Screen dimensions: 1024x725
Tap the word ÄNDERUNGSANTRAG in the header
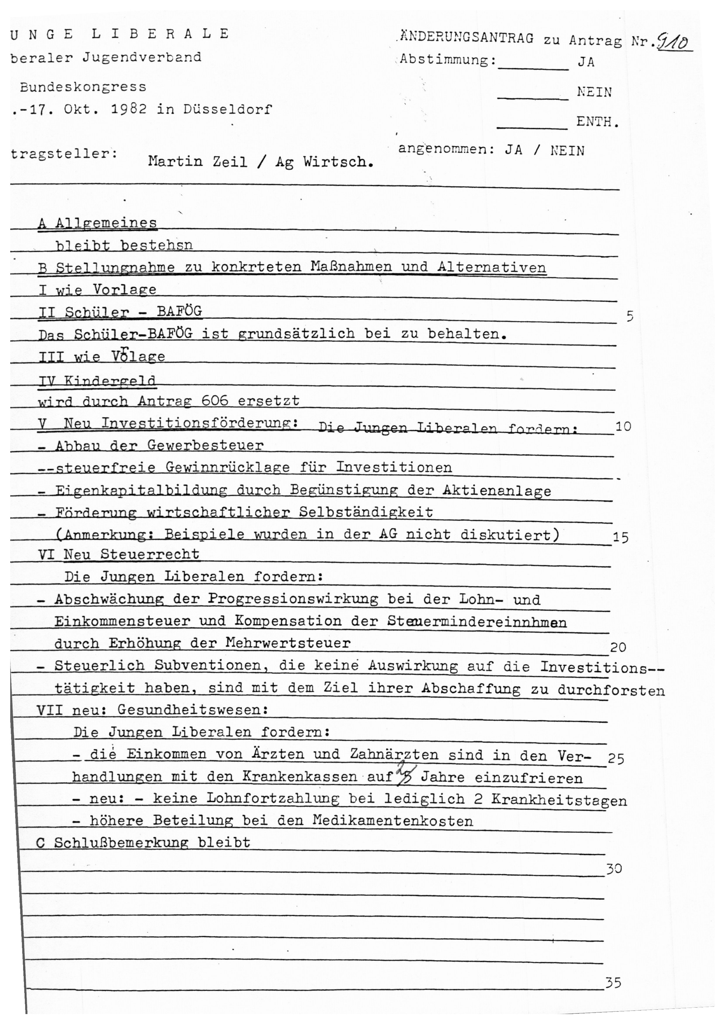tap(466, 38)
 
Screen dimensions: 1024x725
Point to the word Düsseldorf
tap(227, 109)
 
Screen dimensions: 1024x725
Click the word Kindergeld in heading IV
tap(110, 381)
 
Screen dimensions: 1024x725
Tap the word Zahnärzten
tap(394, 754)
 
